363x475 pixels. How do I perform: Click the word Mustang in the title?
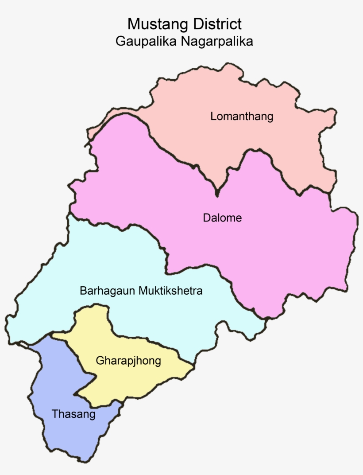(151, 24)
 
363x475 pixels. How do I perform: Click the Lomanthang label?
(242, 117)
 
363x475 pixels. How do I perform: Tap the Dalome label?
(222, 218)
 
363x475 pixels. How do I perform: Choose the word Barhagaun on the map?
(108, 291)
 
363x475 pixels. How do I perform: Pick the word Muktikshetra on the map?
(170, 291)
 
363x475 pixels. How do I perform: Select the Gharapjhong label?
(128, 361)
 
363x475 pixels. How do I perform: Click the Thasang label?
(73, 415)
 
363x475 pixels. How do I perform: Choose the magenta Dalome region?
(274, 248)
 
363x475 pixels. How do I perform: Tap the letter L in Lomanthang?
(213, 117)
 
